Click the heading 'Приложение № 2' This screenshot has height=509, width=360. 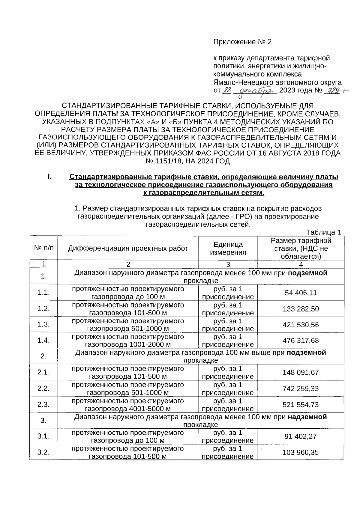242,42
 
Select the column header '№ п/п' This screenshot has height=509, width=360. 43,248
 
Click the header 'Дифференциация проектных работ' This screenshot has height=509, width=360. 128,248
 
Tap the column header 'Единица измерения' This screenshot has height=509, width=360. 228,248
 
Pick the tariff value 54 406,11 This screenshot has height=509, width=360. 301,293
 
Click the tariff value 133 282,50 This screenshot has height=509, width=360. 301,309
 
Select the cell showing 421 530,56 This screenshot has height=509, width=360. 301,325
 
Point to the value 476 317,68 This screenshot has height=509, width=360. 301,341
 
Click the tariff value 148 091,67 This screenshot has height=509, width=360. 301,373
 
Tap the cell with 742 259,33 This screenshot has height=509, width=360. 301,389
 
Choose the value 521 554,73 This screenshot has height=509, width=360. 301,405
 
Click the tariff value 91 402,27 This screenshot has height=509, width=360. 301,436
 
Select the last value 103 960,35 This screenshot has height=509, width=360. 301,452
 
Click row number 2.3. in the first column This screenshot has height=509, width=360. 43,405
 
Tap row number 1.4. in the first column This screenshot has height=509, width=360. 43,341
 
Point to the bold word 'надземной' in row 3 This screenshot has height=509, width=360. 307,417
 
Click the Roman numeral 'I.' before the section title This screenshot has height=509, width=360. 49,177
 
